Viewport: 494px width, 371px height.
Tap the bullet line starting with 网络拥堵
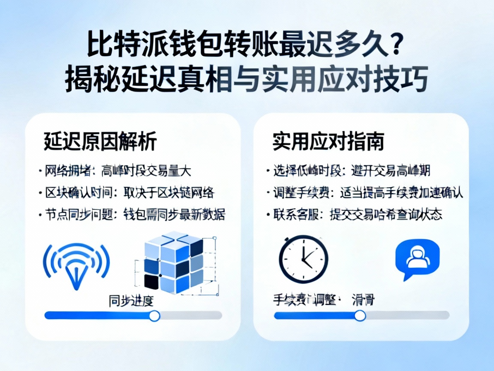click(115, 171)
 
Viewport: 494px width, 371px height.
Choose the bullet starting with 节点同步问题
click(133, 214)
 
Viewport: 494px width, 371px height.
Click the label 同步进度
click(131, 301)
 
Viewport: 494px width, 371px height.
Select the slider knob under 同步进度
click(154, 316)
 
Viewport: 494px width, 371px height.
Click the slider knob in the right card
click(361, 316)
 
